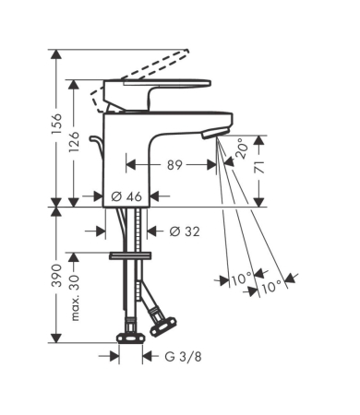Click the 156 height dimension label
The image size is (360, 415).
pos(56,124)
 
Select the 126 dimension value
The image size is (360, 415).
pos(74,141)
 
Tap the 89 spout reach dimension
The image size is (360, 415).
pos(174,165)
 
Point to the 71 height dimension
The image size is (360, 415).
pos(260,166)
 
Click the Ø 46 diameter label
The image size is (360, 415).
pos(126,196)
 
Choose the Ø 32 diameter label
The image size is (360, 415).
pos(185,231)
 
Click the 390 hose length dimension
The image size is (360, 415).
pos(56,275)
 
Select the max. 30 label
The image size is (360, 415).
pos(75,298)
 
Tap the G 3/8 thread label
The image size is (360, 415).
pos(184,357)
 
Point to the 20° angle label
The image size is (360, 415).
pos(242,148)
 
